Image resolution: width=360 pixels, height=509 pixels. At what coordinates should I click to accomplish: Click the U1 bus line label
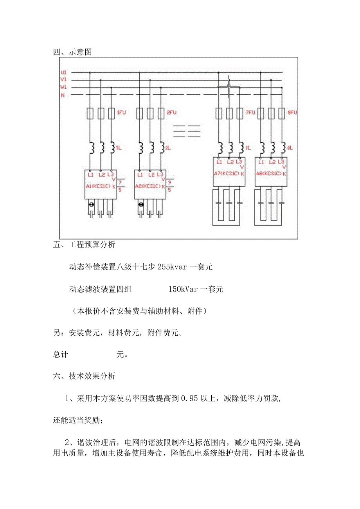[x=63, y=72]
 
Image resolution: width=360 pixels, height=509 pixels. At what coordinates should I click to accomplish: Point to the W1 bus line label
[x=63, y=87]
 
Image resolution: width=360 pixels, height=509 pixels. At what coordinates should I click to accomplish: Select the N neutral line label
[x=63, y=95]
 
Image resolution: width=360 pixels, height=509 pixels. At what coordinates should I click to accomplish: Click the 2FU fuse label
[x=172, y=113]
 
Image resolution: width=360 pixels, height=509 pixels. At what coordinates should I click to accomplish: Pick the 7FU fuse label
[x=251, y=113]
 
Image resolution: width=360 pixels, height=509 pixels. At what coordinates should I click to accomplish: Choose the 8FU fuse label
[x=292, y=113]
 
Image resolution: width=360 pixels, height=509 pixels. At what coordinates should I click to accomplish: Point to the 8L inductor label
[x=290, y=148]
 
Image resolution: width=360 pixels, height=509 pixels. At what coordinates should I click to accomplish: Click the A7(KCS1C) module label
[x=226, y=174]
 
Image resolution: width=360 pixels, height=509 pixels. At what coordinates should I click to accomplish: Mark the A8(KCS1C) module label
[x=268, y=174]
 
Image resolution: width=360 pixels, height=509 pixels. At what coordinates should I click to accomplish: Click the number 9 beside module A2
[x=169, y=182]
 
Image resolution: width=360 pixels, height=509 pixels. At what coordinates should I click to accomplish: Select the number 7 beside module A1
[x=120, y=182]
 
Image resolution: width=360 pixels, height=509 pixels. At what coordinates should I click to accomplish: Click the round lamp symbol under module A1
[x=91, y=204]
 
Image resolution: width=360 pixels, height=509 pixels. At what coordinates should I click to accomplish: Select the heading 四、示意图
[x=72, y=52]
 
